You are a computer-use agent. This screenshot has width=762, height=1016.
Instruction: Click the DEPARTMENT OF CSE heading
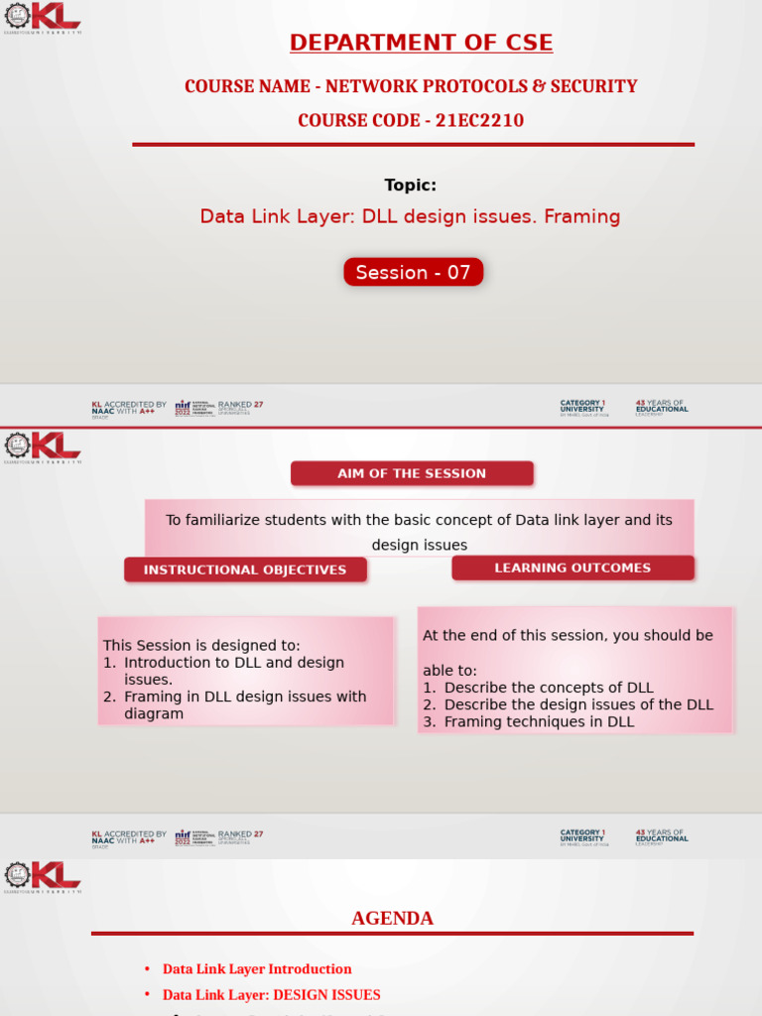(421, 43)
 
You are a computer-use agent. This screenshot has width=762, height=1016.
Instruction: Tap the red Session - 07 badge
(413, 272)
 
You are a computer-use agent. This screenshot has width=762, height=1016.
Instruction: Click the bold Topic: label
(410, 185)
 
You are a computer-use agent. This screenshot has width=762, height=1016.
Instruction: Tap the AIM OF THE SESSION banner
(412, 473)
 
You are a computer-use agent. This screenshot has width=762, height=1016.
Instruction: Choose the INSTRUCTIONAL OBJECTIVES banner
(245, 570)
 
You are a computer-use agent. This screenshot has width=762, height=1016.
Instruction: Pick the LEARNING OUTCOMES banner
(572, 568)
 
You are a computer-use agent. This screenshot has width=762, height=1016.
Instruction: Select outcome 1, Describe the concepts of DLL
(548, 688)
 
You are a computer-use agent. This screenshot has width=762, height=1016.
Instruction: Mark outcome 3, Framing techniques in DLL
(538, 721)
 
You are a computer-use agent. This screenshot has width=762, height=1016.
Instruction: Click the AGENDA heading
(392, 918)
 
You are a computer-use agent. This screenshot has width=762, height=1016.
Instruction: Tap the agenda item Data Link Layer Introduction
(257, 968)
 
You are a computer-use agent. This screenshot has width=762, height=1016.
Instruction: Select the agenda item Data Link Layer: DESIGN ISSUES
(271, 994)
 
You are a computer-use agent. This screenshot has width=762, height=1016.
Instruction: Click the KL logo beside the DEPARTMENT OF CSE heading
(43, 17)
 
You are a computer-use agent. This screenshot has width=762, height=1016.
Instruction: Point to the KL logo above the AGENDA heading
(43, 876)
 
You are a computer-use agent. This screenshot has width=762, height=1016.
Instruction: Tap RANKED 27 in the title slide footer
(240, 406)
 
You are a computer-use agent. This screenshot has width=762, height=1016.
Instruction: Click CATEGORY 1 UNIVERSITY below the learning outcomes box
(582, 836)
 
